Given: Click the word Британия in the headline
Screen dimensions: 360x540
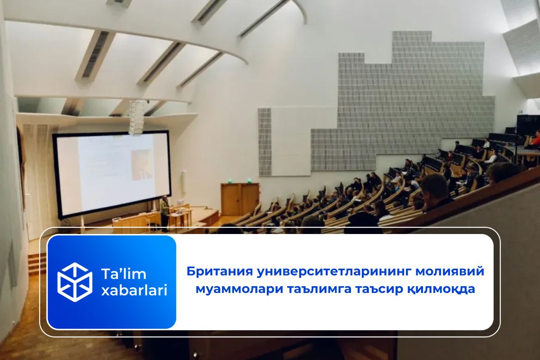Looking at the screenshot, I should click(215, 272).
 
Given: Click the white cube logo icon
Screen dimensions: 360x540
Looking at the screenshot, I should click(75, 282).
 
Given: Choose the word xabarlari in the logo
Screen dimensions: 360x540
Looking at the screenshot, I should click(134, 291).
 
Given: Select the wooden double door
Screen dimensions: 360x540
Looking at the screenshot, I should click(240, 198).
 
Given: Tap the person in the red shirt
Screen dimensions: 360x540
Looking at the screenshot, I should click(535, 139).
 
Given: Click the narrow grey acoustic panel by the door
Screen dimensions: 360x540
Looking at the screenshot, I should click(265, 142).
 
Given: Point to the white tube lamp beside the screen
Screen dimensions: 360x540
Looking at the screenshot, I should click(183, 182).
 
